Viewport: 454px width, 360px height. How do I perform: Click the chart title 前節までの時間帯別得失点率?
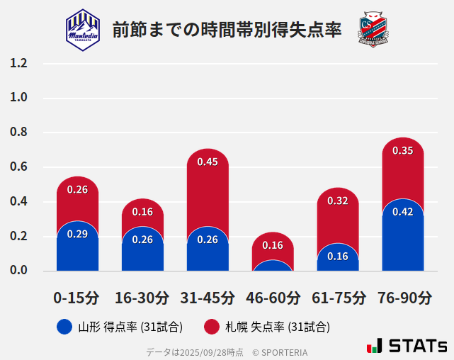(227, 30)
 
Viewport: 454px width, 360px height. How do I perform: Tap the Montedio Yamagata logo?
(83, 29)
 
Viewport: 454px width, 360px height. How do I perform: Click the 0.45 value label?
(208, 162)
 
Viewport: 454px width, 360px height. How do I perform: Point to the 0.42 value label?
(403, 212)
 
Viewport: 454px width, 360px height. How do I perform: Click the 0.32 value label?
(338, 201)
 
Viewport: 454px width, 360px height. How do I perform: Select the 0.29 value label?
(77, 234)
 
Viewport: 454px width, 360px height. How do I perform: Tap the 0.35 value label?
(403, 150)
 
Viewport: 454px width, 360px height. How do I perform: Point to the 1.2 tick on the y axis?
(18, 63)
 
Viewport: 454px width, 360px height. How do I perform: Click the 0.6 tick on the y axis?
(18, 167)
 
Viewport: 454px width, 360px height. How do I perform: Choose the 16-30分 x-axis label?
(142, 298)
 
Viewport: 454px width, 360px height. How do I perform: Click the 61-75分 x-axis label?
(338, 298)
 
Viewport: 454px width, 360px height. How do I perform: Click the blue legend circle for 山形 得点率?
(64, 327)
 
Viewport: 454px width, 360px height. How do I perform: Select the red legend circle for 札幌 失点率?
(211, 327)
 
